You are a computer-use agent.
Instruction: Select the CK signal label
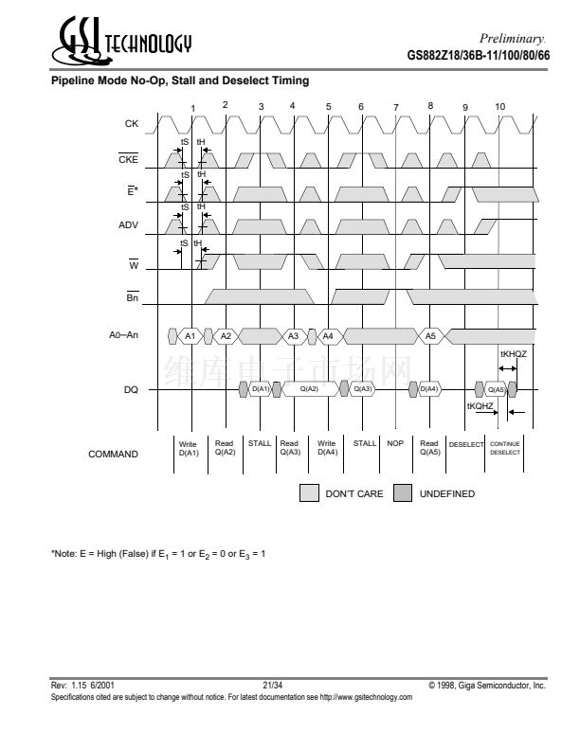[x=131, y=124]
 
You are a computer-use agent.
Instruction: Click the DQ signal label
[x=132, y=388]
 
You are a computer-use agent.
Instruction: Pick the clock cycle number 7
[x=395, y=107]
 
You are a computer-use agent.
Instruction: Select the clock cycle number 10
[x=499, y=105]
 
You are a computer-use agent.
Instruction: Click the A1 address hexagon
[x=190, y=336]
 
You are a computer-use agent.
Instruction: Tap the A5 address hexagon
[x=429, y=336]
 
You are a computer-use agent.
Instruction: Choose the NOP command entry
[x=395, y=443]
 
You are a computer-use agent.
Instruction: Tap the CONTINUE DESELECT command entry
[x=505, y=448]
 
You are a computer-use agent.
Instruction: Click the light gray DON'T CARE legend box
[x=309, y=493]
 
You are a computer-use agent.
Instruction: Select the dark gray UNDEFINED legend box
[x=402, y=493]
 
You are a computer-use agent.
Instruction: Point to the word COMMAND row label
[x=113, y=454]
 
